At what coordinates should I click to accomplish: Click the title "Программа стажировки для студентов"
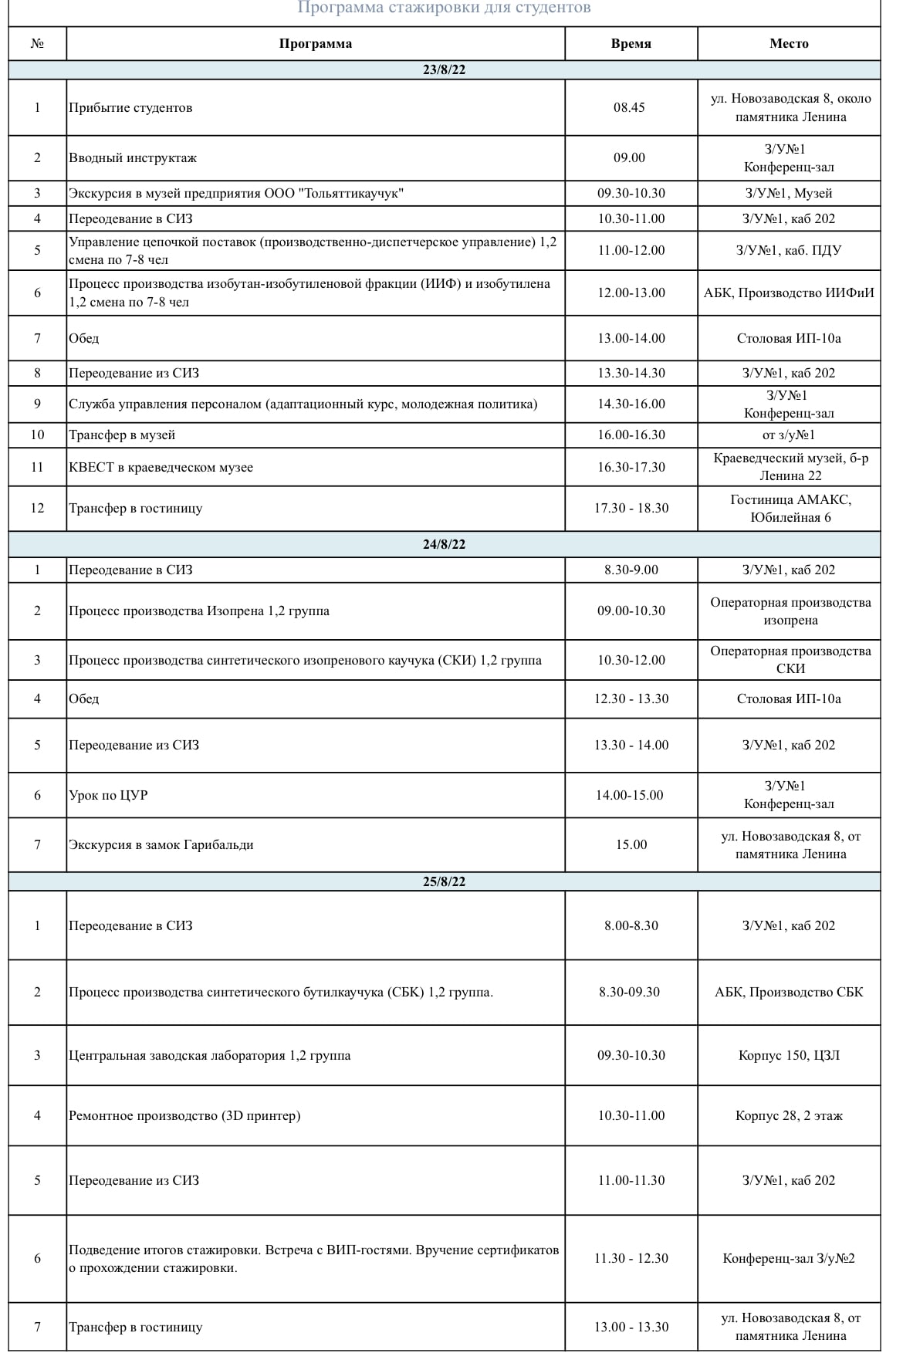(444, 8)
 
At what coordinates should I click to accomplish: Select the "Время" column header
(631, 44)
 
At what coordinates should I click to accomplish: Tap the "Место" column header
(789, 44)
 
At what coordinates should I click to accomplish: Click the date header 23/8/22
(444, 70)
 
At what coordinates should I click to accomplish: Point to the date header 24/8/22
(444, 544)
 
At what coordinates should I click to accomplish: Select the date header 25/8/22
(444, 881)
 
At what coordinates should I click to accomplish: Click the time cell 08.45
(629, 107)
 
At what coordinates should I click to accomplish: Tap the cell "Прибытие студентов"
(130, 107)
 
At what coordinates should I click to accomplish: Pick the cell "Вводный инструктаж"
(133, 158)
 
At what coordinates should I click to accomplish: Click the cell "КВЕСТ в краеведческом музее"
(161, 468)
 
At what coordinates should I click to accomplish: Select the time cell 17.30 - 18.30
(631, 509)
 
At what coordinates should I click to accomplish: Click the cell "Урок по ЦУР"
(108, 795)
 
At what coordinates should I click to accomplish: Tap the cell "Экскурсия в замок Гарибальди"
(161, 845)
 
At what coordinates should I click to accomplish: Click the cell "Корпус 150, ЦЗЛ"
(789, 1055)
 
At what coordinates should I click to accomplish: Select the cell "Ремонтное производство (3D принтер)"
(184, 1115)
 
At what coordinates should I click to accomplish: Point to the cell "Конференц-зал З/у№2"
(789, 1259)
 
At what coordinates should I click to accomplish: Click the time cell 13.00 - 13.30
(631, 1327)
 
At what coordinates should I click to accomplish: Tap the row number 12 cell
(37, 509)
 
